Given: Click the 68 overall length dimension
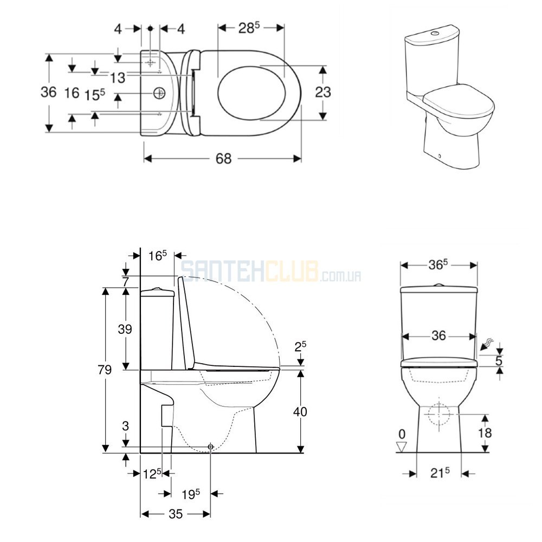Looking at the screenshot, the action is point(223,159).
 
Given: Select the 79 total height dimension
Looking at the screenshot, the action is point(105,370).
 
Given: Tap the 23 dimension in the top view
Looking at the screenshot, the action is point(323,92).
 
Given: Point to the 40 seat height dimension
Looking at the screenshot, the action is point(300,412).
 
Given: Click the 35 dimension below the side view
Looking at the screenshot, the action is point(176,514).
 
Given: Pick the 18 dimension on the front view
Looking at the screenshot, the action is point(485,433).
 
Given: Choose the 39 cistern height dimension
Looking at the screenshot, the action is point(125,329).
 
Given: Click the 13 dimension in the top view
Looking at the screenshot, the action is point(118,78).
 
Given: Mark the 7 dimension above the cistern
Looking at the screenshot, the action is point(125,282).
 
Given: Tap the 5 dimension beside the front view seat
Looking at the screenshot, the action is point(499,360).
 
